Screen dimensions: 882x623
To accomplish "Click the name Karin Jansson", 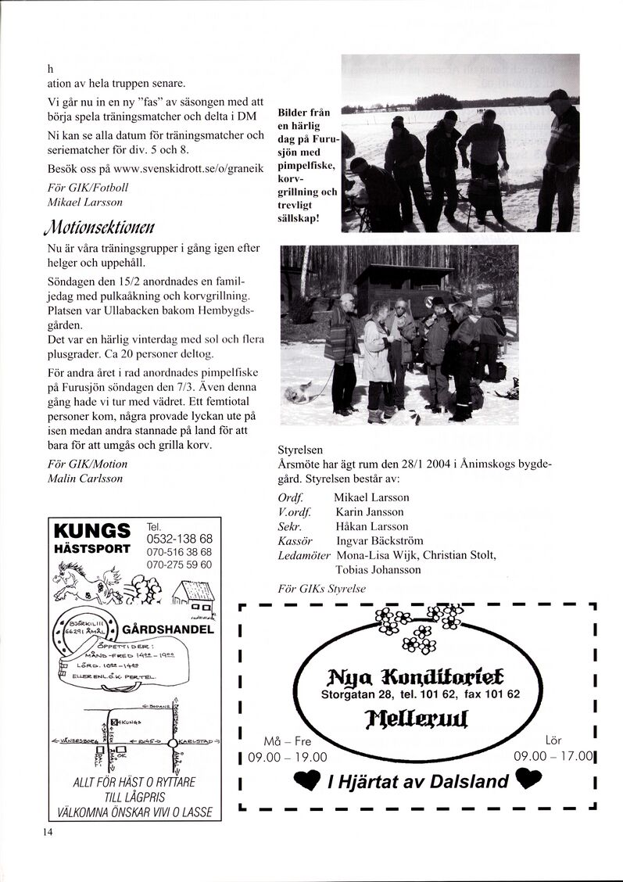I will (369, 512).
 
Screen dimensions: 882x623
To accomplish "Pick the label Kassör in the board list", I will (295, 540).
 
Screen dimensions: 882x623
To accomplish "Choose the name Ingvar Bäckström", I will (379, 540).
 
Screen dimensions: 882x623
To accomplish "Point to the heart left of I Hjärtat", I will (306, 780).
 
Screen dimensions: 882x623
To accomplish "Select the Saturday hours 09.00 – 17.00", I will (554, 757).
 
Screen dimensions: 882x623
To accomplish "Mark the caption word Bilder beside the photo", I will (294, 113).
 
